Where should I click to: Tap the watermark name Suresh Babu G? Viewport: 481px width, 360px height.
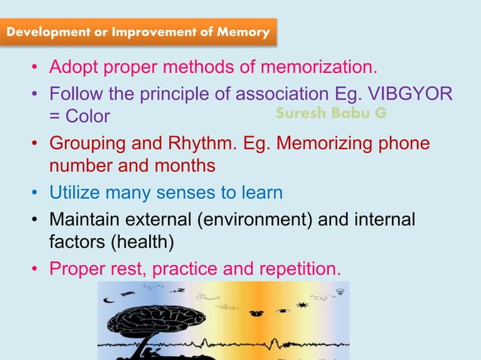[x=331, y=114]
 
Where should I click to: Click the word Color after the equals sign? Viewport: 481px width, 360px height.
[x=87, y=117]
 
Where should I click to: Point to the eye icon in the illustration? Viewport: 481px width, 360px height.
[x=282, y=310]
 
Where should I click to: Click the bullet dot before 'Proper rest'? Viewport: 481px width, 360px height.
[x=35, y=269]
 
